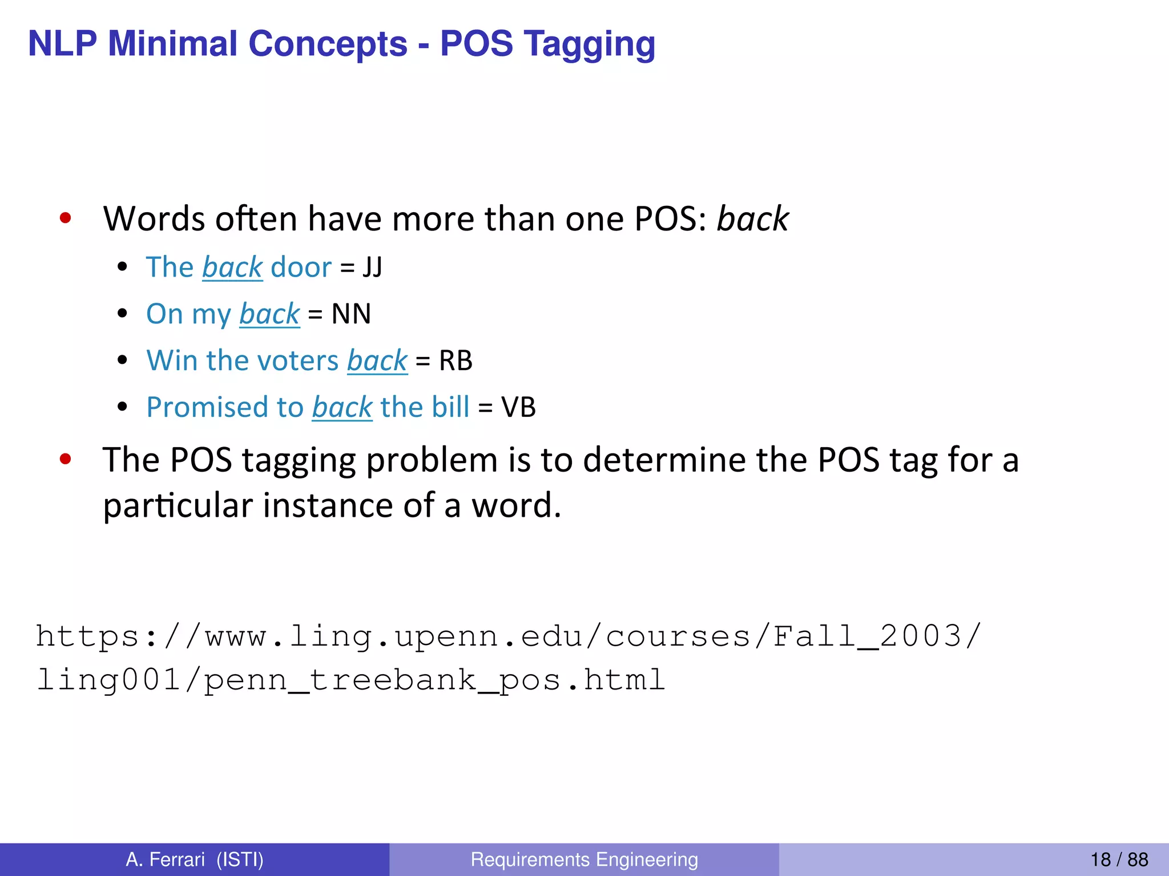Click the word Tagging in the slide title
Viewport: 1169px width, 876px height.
(590, 44)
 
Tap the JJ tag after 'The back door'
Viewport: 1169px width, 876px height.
(372, 267)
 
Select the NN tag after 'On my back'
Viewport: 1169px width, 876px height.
(351, 314)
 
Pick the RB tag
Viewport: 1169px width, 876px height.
(455, 360)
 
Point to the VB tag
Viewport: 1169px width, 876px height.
(518, 407)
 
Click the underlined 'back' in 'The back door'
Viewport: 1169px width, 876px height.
(232, 267)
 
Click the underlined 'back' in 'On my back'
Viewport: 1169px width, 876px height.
(269, 314)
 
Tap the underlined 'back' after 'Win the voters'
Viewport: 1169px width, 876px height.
(377, 360)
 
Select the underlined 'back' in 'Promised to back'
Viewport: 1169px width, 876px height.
(342, 407)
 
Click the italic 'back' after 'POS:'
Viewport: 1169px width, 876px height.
(753, 218)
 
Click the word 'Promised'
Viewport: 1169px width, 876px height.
(207, 407)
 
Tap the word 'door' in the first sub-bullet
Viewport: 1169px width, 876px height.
(301, 267)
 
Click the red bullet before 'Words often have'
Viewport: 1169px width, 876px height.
(66, 218)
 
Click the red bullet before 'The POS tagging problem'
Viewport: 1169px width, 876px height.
(66, 459)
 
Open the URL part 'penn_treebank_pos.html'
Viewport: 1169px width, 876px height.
(434, 680)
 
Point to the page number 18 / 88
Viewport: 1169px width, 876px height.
(1119, 859)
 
